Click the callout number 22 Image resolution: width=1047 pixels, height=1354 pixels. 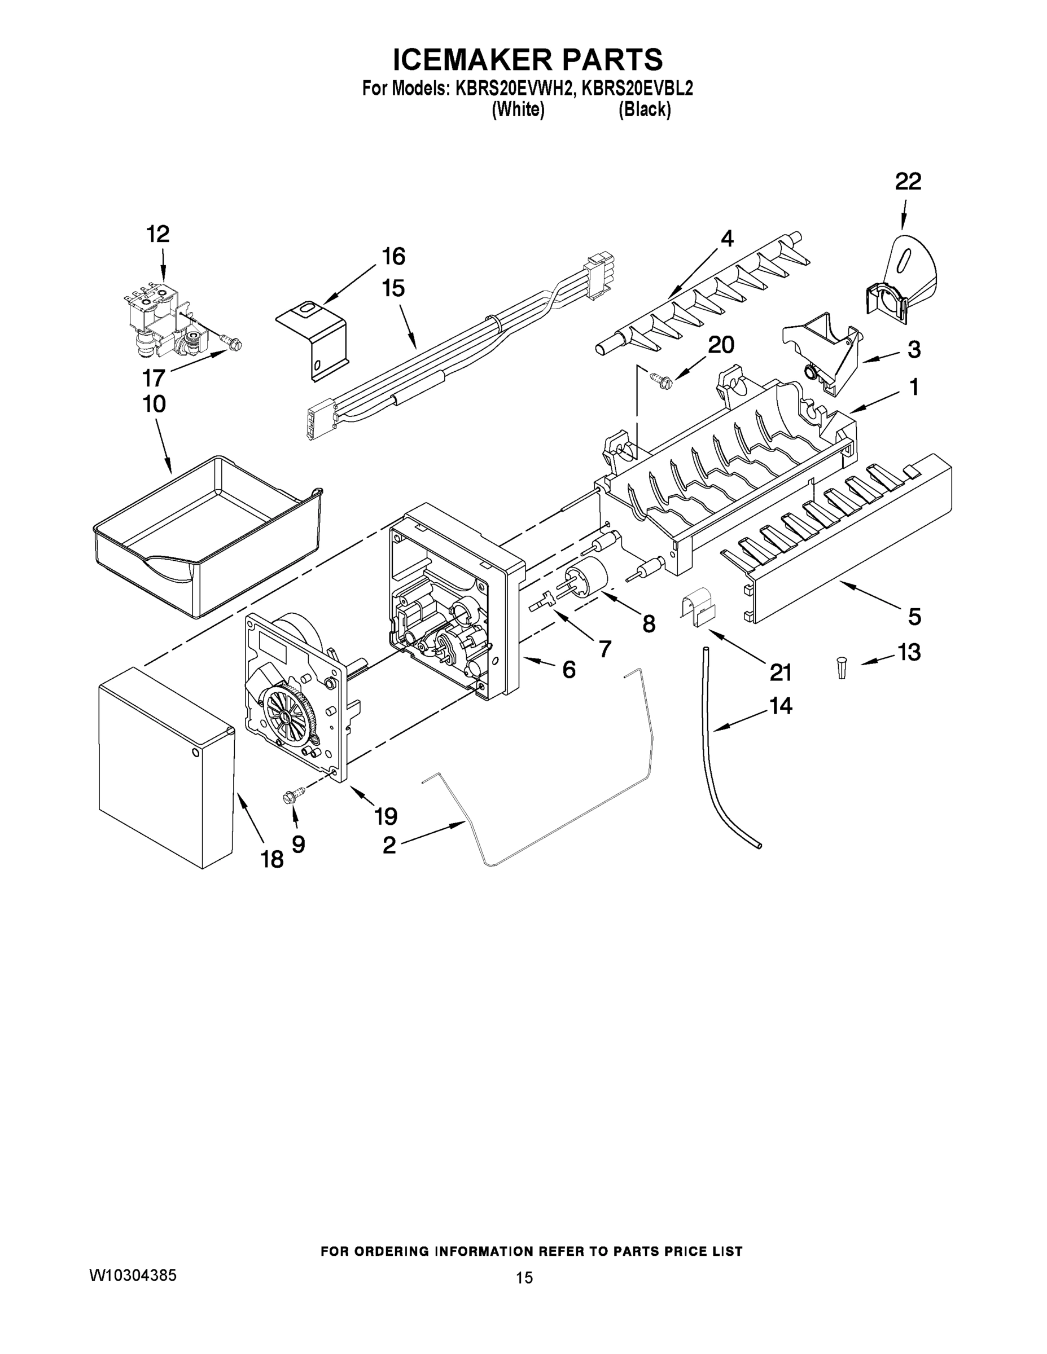click(x=908, y=181)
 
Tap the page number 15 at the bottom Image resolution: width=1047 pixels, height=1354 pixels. click(x=524, y=1278)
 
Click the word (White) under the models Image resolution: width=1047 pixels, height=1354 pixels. click(x=518, y=110)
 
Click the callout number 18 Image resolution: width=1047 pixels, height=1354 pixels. click(x=272, y=859)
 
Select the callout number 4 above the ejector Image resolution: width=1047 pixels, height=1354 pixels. click(x=726, y=238)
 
